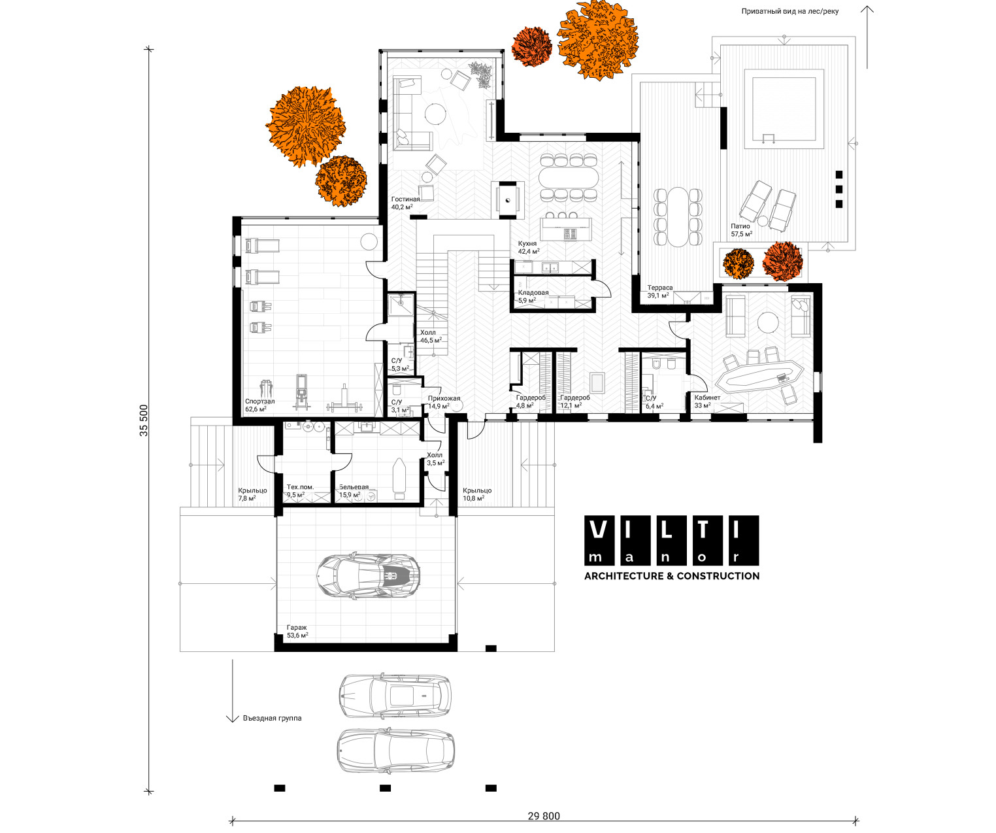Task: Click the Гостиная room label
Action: click(x=405, y=199)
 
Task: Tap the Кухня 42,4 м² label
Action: click(x=529, y=247)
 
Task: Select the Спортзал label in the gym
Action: click(x=260, y=401)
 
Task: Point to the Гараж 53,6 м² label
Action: click(x=297, y=632)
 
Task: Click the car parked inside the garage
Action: click(x=369, y=575)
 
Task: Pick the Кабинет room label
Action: click(x=707, y=398)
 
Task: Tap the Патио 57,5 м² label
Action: click(x=742, y=230)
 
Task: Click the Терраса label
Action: click(x=660, y=288)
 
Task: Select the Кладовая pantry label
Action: click(x=533, y=293)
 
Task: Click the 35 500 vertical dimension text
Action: click(x=144, y=420)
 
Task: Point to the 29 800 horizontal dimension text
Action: click(x=544, y=816)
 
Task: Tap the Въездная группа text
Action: click(x=272, y=718)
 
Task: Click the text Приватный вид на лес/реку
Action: click(x=790, y=12)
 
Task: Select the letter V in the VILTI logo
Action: click(x=599, y=530)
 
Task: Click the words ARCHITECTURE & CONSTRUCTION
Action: click(x=672, y=575)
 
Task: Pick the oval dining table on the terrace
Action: click(x=678, y=216)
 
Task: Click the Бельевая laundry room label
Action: click(x=354, y=487)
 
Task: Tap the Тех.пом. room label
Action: click(x=300, y=487)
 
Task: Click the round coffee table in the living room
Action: click(x=435, y=114)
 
